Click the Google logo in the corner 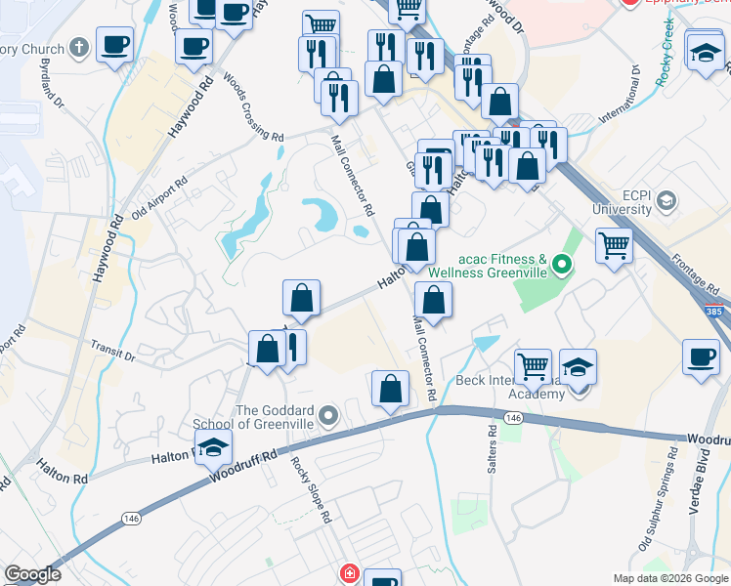32,574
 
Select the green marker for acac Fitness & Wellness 561,264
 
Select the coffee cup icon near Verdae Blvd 700,356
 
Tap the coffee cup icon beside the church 115,46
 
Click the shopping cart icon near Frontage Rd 615,245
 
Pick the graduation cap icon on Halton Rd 212,448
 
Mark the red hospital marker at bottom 348,575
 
